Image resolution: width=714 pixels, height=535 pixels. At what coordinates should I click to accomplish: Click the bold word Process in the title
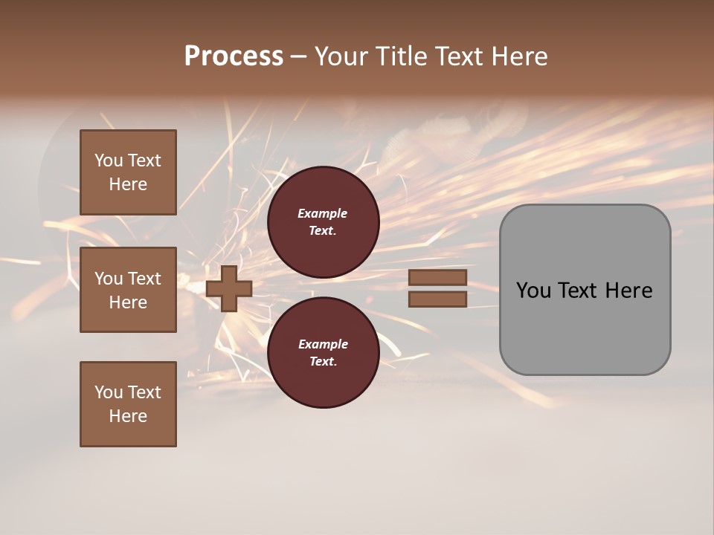pos(234,56)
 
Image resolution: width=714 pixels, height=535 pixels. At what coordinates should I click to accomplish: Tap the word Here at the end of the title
pos(518,56)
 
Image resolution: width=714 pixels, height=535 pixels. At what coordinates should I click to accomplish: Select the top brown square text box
pos(128,172)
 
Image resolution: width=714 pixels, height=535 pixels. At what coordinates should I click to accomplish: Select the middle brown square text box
pos(128,290)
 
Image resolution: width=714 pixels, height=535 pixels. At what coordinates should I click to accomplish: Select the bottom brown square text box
pos(128,404)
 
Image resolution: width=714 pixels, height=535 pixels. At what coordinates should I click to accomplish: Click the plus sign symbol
pos(229,288)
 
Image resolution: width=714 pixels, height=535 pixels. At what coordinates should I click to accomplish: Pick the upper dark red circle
pos(324,222)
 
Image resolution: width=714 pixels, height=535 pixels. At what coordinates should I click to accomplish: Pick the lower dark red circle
pos(324,352)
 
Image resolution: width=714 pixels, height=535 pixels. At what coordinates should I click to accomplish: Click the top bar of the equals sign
pos(437,278)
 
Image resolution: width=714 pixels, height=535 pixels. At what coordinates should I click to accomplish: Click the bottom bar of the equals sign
pos(437,299)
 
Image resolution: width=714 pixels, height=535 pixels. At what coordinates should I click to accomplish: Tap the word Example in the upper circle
pos(323,214)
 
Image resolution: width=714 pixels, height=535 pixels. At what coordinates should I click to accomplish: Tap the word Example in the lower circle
pos(323,345)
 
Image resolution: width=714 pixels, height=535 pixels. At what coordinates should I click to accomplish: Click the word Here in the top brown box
pos(128,184)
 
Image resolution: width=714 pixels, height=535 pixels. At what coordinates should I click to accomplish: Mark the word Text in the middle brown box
pos(144,279)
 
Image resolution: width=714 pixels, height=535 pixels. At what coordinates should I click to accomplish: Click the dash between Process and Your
pos(298,56)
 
